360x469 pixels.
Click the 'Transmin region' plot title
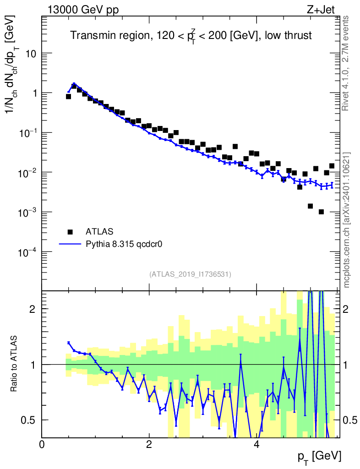[x=191, y=36]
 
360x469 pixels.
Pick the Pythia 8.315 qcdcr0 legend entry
[x=125, y=244]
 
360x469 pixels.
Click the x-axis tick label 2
[x=149, y=444]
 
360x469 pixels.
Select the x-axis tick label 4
[x=256, y=444]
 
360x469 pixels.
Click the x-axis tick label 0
[x=42, y=444]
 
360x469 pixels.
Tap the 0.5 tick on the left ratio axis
[x=30, y=420]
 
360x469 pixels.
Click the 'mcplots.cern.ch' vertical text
[x=347, y=220]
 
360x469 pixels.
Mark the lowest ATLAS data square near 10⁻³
[x=321, y=212]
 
